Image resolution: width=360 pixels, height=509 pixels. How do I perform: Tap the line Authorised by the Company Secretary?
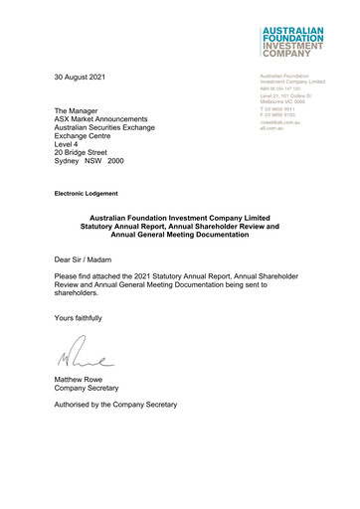pyautogui.click(x=115, y=406)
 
